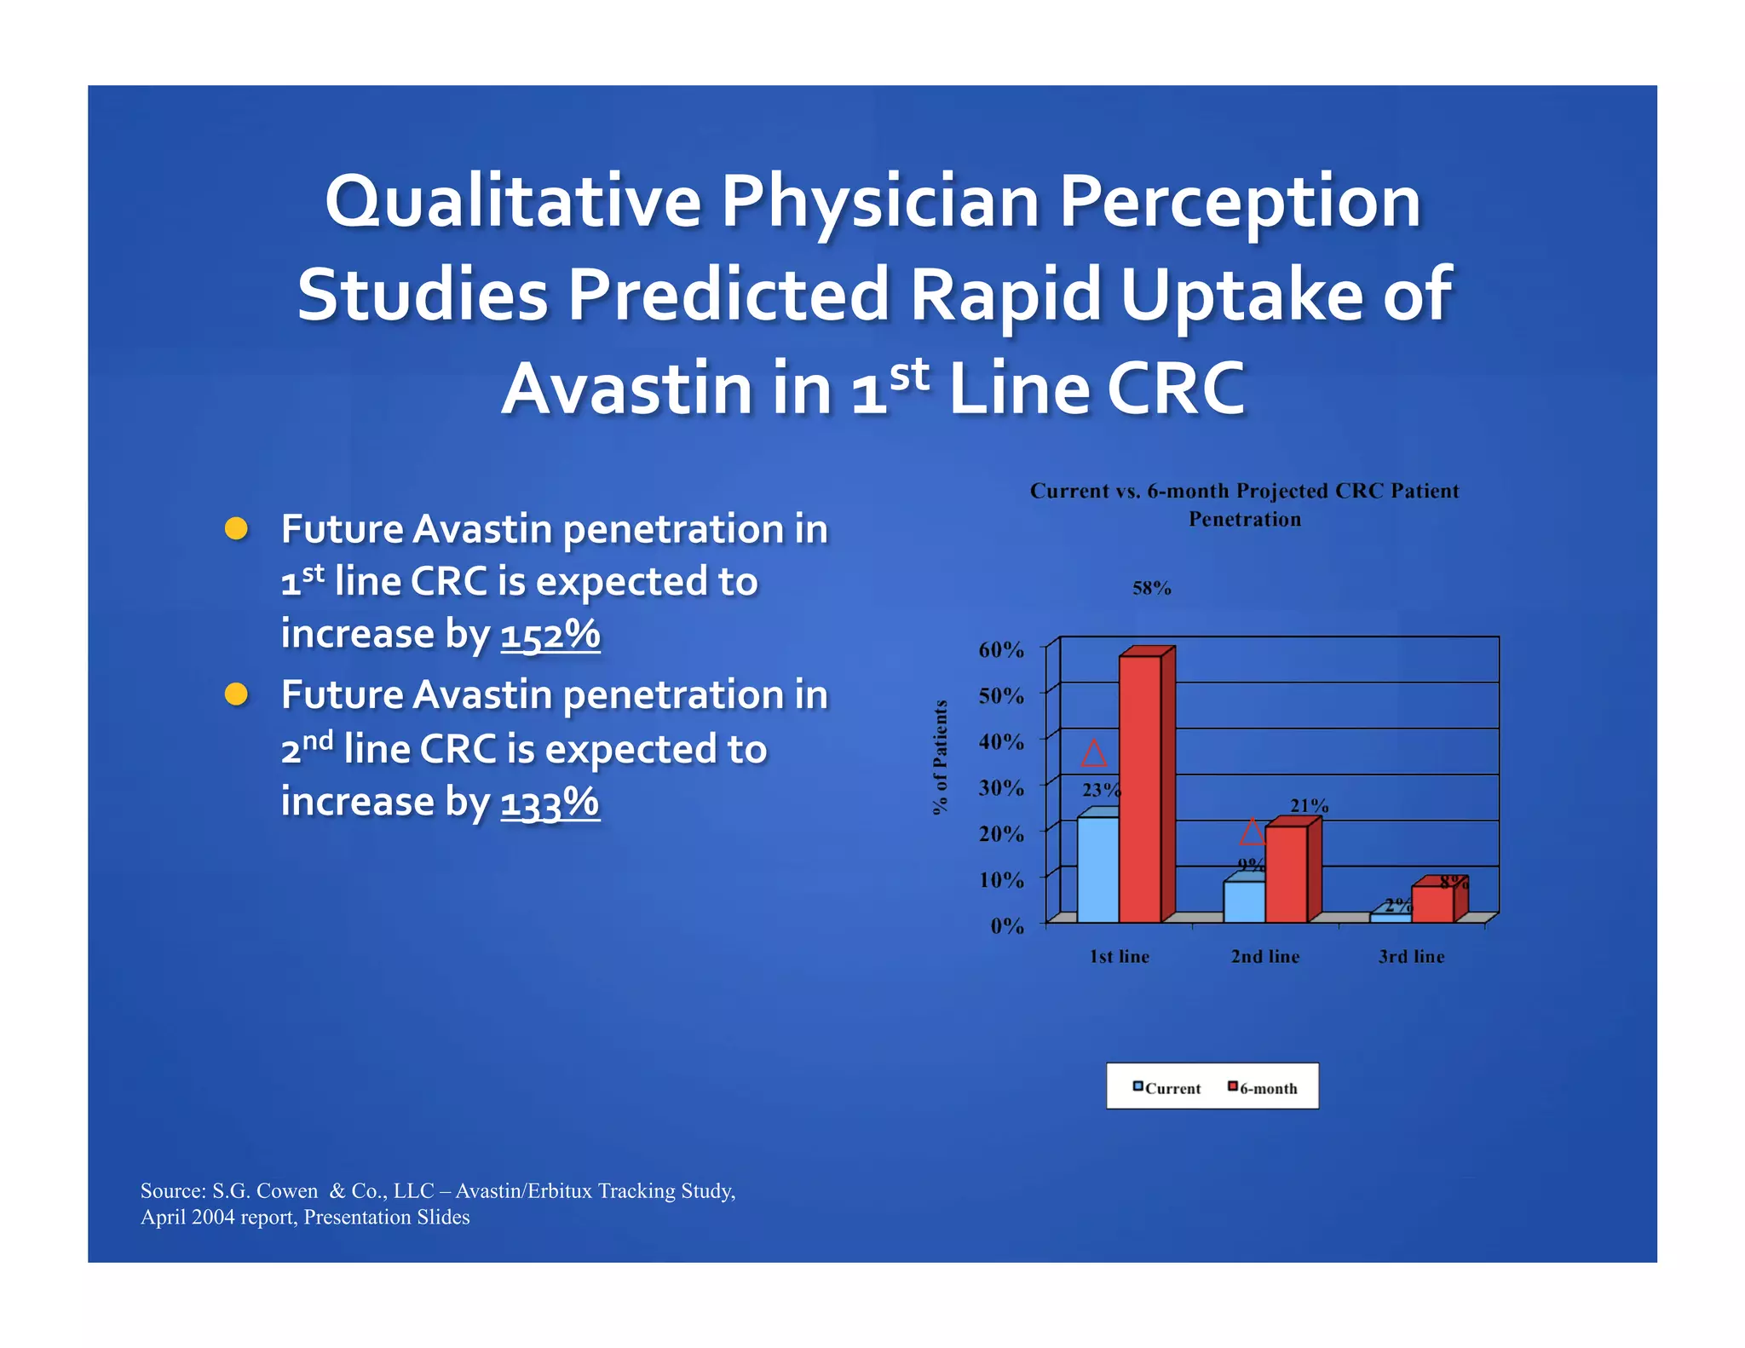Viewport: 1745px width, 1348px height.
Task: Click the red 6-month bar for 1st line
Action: click(x=1140, y=788)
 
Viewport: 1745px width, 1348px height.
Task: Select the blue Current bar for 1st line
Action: click(x=1097, y=869)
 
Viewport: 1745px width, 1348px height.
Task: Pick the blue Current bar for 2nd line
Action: click(x=1243, y=902)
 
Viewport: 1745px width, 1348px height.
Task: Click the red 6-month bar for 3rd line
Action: click(x=1432, y=904)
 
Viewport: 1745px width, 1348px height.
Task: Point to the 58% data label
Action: click(x=1151, y=588)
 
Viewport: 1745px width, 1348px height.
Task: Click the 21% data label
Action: click(x=1309, y=805)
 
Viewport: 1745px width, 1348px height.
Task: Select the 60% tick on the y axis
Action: click(x=1001, y=650)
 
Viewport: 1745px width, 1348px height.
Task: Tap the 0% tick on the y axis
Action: click(x=1007, y=925)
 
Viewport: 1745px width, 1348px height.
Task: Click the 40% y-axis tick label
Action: click(x=1001, y=742)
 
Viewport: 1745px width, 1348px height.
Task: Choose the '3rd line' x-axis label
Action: click(x=1411, y=957)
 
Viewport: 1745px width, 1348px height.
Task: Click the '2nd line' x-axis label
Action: click(x=1265, y=957)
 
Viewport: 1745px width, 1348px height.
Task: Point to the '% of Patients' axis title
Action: click(x=940, y=757)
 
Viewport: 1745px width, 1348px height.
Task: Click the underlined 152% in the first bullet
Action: click(x=550, y=635)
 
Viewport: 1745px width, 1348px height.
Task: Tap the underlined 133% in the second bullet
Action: click(x=550, y=803)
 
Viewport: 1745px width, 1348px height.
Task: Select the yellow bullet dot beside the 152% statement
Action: click(x=236, y=528)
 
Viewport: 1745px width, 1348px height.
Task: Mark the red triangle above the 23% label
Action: click(x=1093, y=753)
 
